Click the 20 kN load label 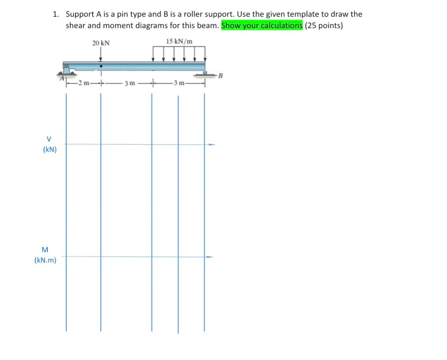pyautogui.click(x=100, y=43)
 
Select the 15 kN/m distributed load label pyautogui.click(x=179, y=41)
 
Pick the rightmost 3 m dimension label pyautogui.click(x=178, y=83)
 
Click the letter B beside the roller pyautogui.click(x=221, y=75)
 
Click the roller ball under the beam pyautogui.click(x=205, y=72)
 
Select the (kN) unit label pyautogui.click(x=50, y=149)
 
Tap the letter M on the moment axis pyautogui.click(x=45, y=250)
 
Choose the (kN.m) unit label pyautogui.click(x=45, y=261)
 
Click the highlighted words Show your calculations pyautogui.click(x=262, y=26)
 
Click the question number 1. pyautogui.click(x=56, y=14)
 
